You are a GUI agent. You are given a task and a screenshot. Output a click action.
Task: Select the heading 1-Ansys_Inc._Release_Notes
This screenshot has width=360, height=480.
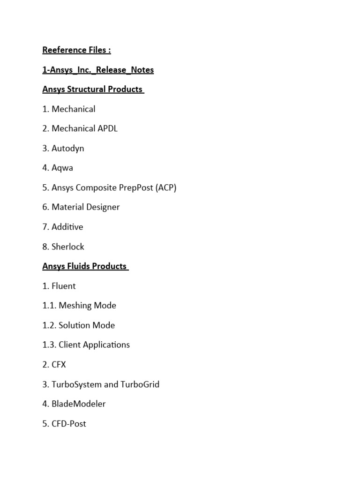click(98, 70)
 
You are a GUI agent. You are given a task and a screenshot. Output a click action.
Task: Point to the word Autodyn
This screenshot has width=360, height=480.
click(68, 148)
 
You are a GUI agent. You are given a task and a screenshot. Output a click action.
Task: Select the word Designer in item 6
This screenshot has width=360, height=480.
click(102, 207)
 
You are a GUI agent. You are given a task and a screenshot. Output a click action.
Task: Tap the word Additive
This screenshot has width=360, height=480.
click(67, 227)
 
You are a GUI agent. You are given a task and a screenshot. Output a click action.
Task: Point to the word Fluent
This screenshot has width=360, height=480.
click(64, 286)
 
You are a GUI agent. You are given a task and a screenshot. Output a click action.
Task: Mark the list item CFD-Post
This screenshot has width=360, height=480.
click(69, 424)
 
